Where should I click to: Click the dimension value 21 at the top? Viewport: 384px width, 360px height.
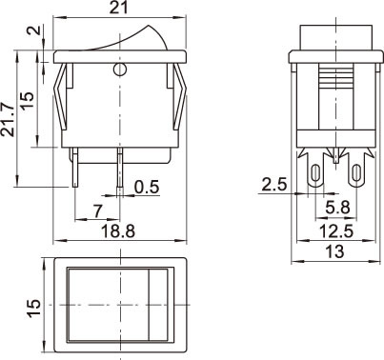pos(119,8)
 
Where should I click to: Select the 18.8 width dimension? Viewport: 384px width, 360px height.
pos(118,231)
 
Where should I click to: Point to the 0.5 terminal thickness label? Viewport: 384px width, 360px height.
pos(147,187)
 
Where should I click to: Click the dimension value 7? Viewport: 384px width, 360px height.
pos(98,211)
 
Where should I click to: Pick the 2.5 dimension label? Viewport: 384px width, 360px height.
pos(274,185)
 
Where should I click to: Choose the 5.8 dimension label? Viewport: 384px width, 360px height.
pos(337,208)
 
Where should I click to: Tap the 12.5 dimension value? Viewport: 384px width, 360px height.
pos(336,231)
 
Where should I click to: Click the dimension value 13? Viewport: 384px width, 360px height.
pos(335,251)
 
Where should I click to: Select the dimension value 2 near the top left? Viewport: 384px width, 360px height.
pos(34,30)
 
